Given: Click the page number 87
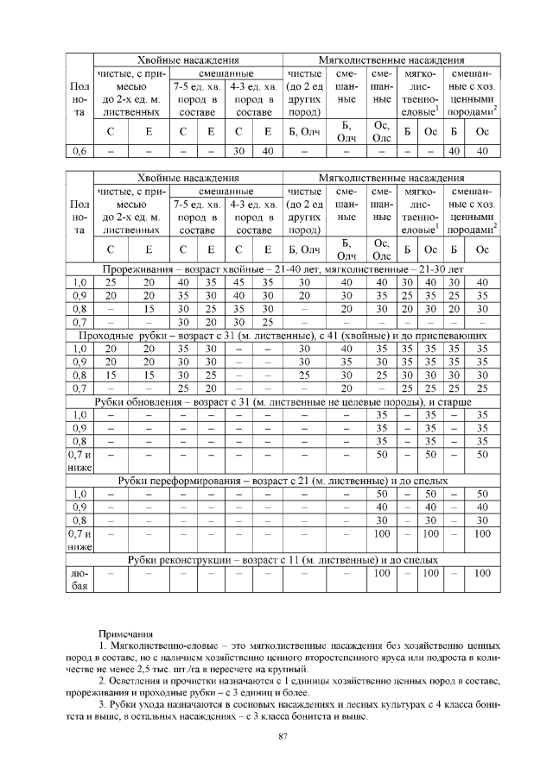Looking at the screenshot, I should click(282, 735).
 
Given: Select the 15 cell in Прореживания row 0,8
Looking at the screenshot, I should click(149, 308).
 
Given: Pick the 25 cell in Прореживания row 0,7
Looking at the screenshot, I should click(267, 321).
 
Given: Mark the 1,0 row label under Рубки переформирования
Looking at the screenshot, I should click(79, 493).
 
